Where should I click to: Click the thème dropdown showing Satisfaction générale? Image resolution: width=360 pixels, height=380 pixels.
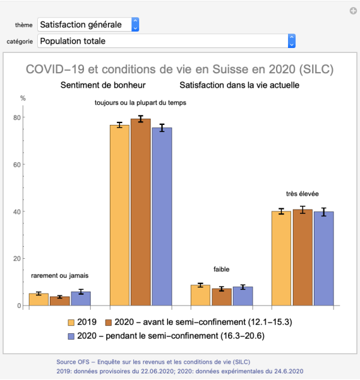click(x=88, y=25)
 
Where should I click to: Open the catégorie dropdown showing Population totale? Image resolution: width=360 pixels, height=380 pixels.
click(x=166, y=41)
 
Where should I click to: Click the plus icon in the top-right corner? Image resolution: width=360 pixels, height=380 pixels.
click(x=353, y=10)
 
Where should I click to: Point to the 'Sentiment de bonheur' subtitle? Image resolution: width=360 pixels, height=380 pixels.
click(x=103, y=85)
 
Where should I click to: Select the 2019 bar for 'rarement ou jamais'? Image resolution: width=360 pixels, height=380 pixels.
click(x=39, y=300)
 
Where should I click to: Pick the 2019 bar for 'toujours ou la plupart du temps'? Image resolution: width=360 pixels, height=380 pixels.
click(x=119, y=216)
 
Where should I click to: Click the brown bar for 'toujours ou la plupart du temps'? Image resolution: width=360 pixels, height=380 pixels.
click(x=140, y=213)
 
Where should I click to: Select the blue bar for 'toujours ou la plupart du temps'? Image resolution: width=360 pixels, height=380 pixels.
click(x=161, y=217)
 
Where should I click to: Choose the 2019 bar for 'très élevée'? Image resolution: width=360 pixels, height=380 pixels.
click(x=281, y=259)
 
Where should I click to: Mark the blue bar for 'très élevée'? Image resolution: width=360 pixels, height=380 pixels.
click(x=323, y=259)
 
